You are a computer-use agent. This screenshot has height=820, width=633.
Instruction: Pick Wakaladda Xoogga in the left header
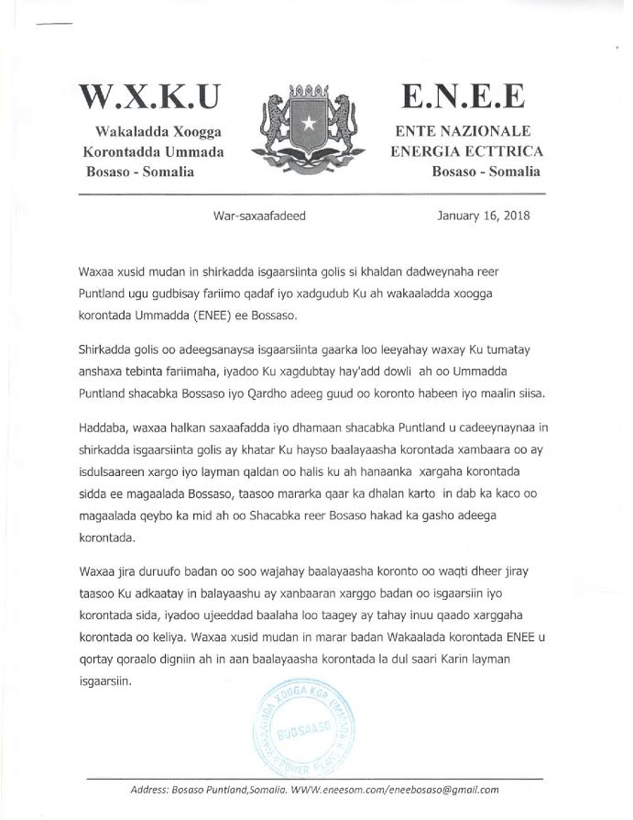[x=165, y=134]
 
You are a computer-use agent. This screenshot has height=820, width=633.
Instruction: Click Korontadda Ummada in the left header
[x=153, y=152]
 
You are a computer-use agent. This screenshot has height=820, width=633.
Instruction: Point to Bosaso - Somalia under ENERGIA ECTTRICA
[x=485, y=172]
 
